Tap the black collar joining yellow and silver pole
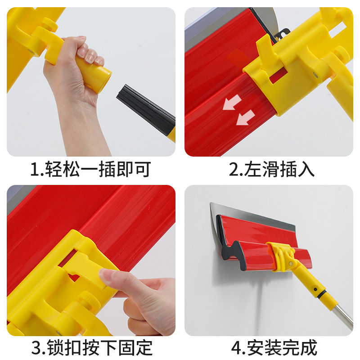(x=323, y=297)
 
